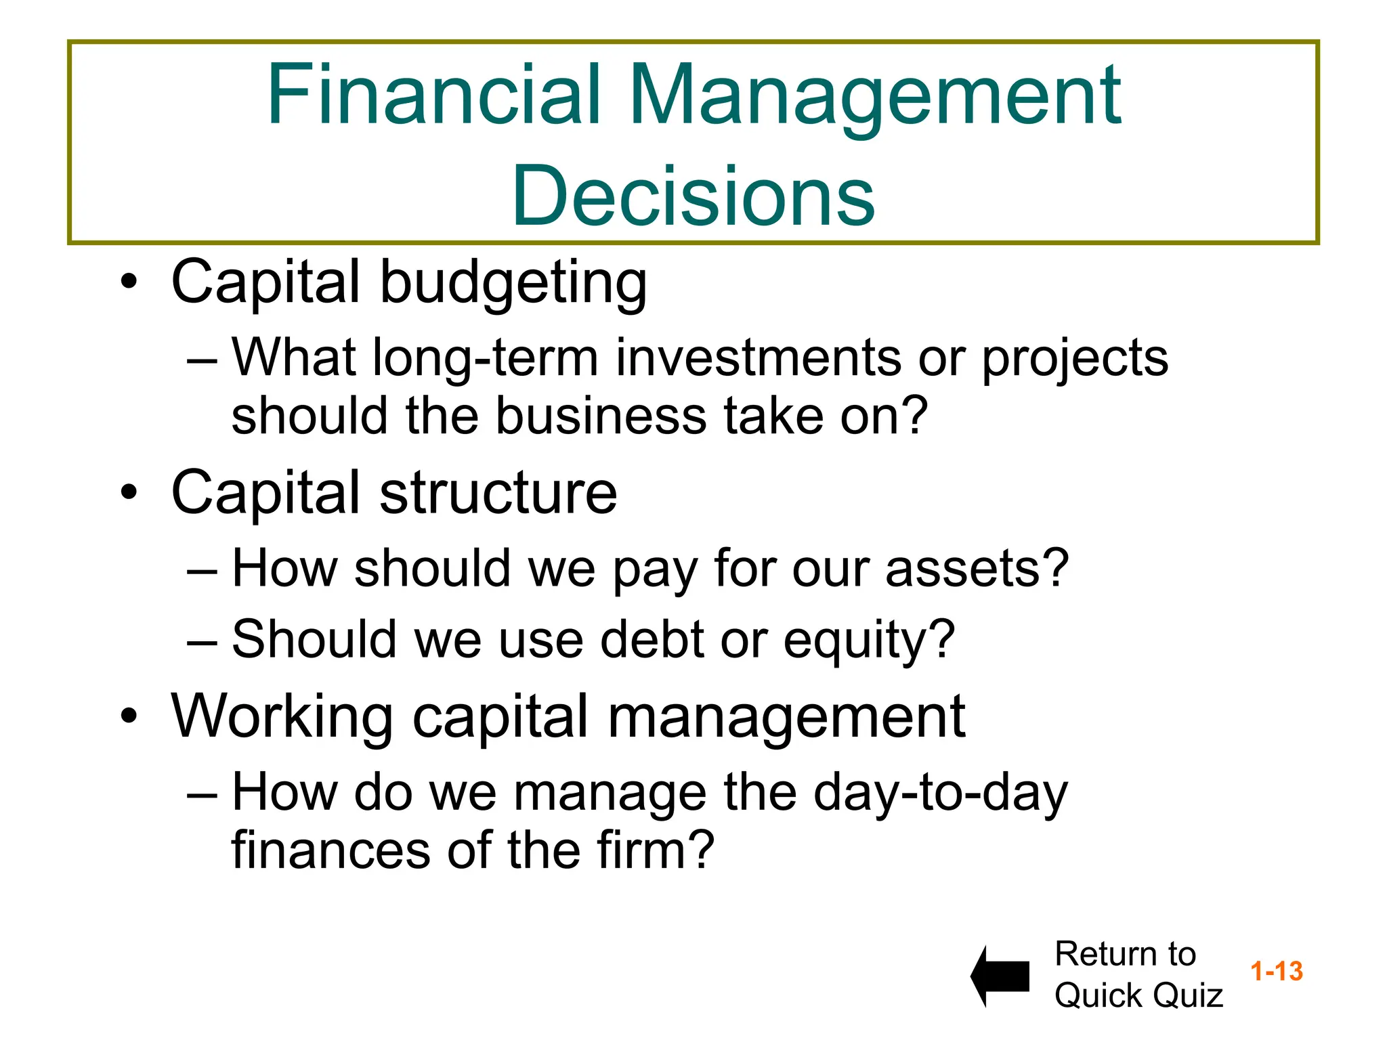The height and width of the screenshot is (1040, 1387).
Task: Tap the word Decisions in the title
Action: point(693,196)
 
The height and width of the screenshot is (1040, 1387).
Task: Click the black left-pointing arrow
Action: point(1000,976)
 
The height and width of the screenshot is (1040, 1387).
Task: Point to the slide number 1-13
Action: point(1276,971)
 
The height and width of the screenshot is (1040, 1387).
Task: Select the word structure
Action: point(498,493)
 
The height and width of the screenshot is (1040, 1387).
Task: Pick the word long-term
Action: point(486,359)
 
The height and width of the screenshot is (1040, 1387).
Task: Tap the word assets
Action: point(975,569)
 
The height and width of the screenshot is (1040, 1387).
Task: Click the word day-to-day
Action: point(940,794)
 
